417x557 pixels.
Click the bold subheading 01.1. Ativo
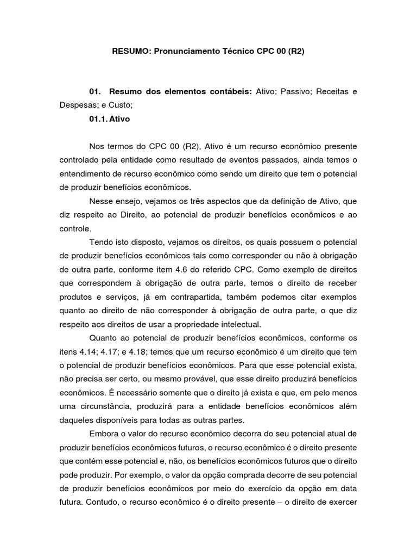(110, 118)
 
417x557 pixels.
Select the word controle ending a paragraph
(75, 228)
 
